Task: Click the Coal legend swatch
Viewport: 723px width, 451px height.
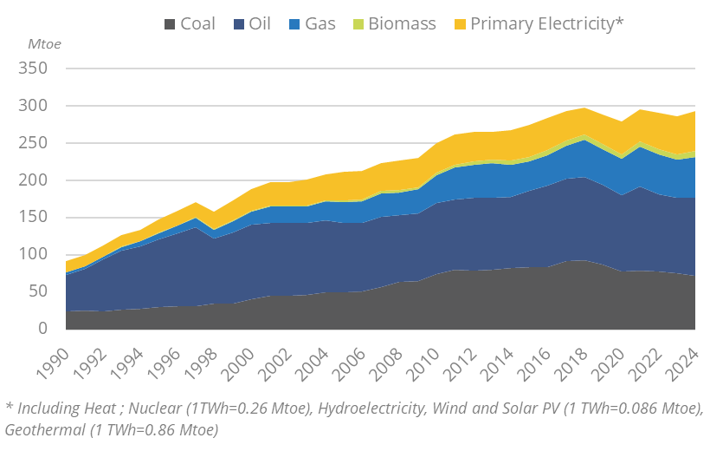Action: (170, 24)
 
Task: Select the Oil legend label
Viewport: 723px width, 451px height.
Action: (260, 23)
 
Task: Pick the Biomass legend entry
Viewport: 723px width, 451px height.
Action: (402, 23)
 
